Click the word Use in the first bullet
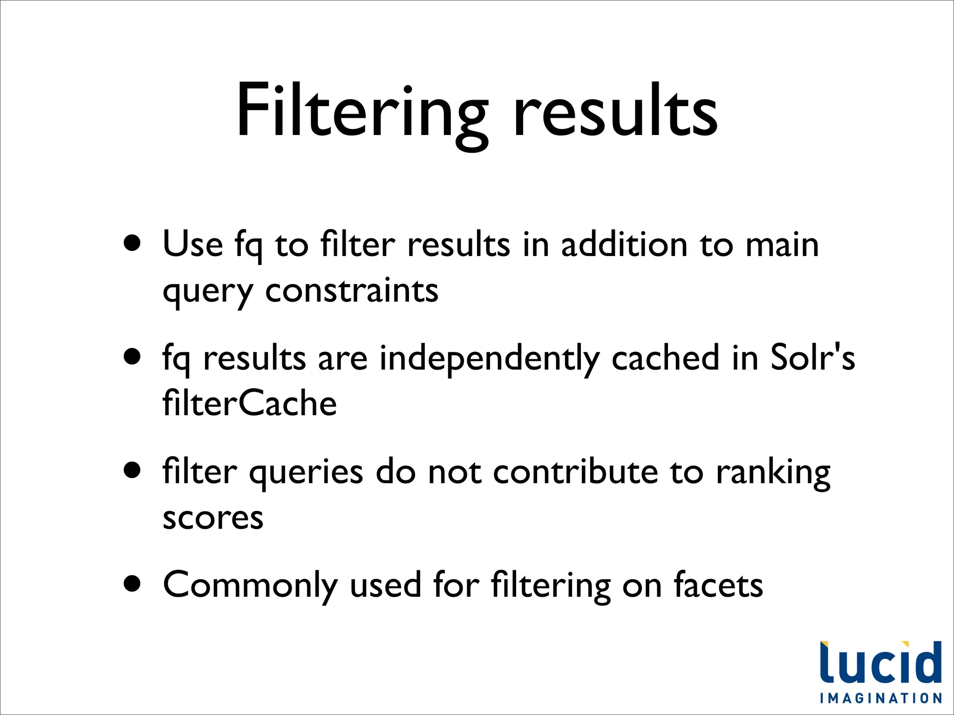(193, 244)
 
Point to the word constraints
(352, 290)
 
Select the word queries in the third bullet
(306, 473)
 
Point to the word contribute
(575, 472)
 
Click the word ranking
(773, 473)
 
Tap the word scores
(213, 518)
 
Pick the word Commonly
(250, 586)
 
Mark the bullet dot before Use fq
(133, 243)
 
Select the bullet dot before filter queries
(133, 470)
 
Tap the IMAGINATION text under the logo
(881, 698)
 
